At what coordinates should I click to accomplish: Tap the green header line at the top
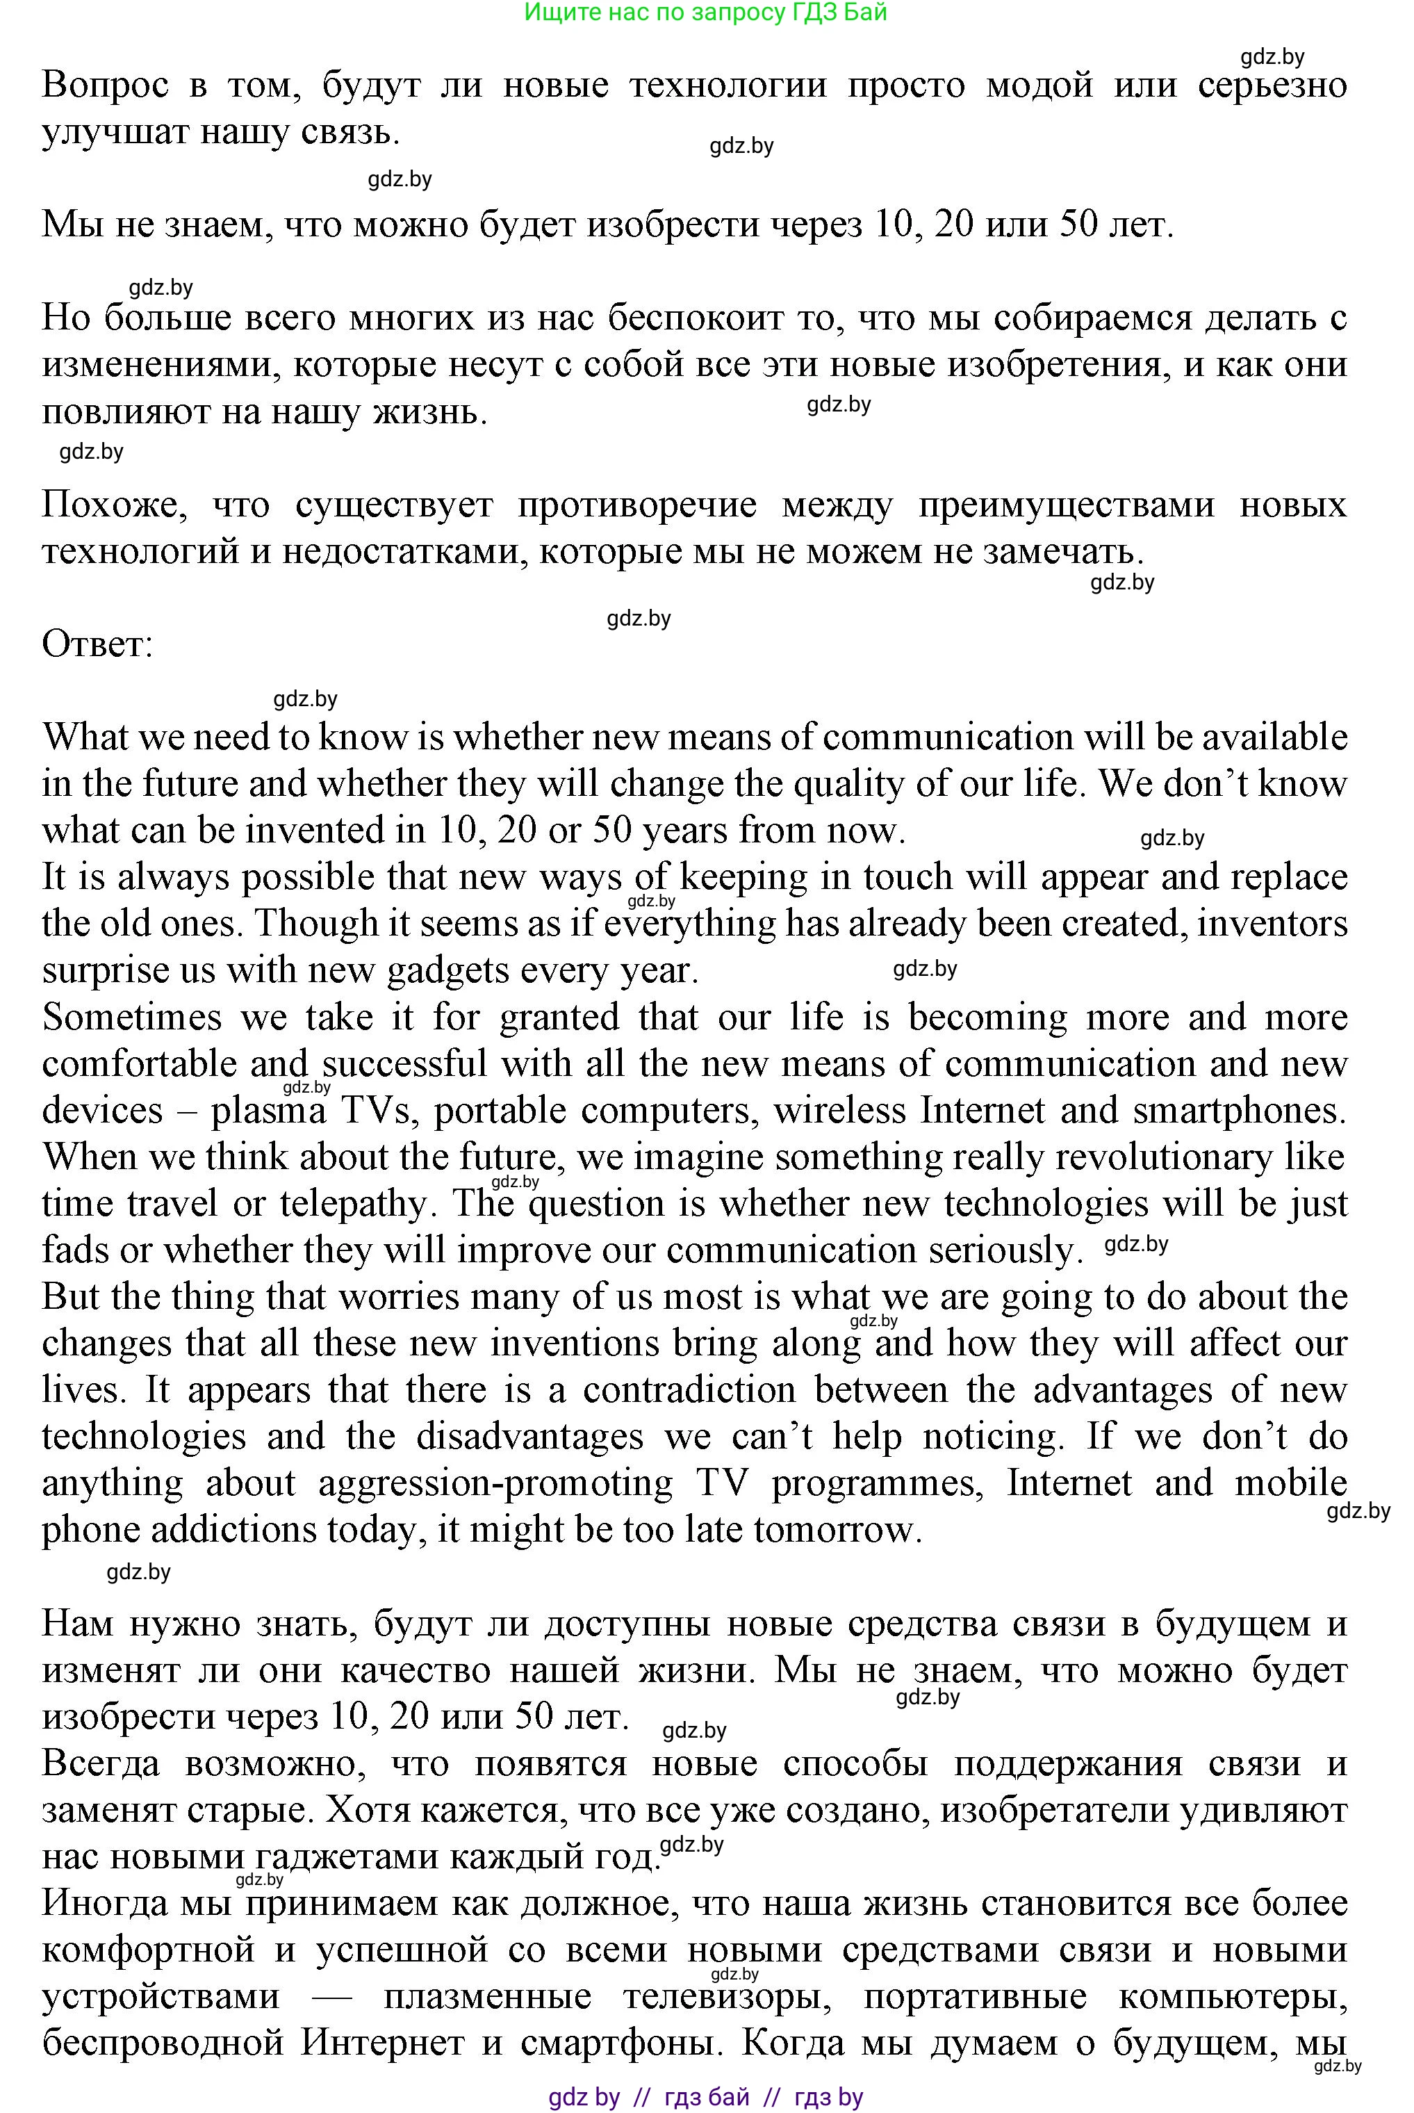705,12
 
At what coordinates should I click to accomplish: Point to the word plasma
268,1111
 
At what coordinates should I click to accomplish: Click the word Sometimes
131,1018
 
